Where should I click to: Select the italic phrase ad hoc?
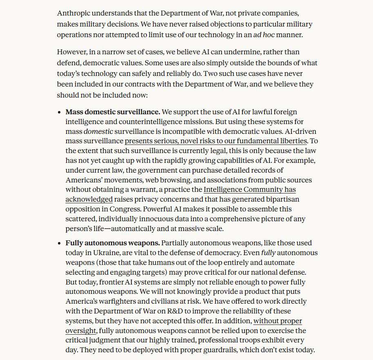pos(263,35)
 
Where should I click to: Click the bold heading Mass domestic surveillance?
pos(113,111)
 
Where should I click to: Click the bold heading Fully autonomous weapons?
pos(112,243)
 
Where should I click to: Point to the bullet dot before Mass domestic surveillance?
pos(60,112)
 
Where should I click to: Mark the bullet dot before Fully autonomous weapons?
pos(60,243)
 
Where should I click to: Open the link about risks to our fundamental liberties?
pos(215,141)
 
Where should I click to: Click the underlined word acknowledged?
pos(89,200)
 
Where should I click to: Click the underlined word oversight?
pos(82,331)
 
